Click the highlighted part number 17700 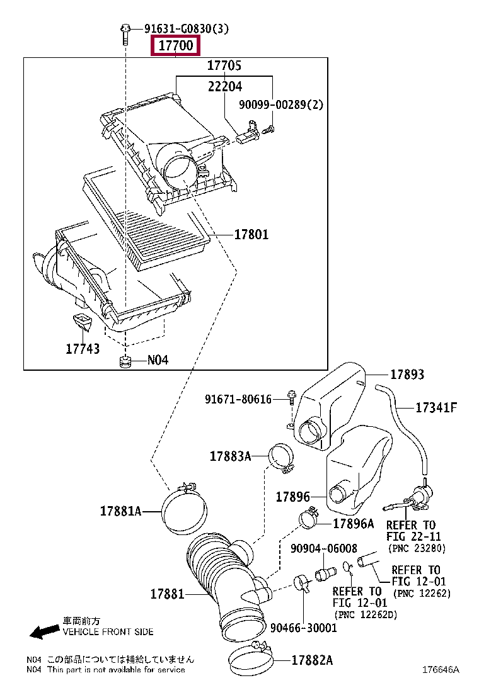pos(176,45)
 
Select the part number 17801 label pos(251,234)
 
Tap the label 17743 pos(83,349)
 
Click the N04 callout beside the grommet pos(158,360)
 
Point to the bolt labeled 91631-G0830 pos(125,34)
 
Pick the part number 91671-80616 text pos(238,399)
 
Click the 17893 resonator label pos(407,374)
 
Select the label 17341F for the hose pos(437,407)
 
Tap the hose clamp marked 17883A pos(282,458)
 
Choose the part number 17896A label pos(354,524)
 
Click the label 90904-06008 pos(324,548)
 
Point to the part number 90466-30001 pos(303,628)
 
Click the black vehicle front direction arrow pos(45,631)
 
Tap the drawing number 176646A pos(441,669)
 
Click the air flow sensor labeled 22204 pos(248,133)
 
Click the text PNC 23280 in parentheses pos(417,548)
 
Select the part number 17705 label pos(224,65)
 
